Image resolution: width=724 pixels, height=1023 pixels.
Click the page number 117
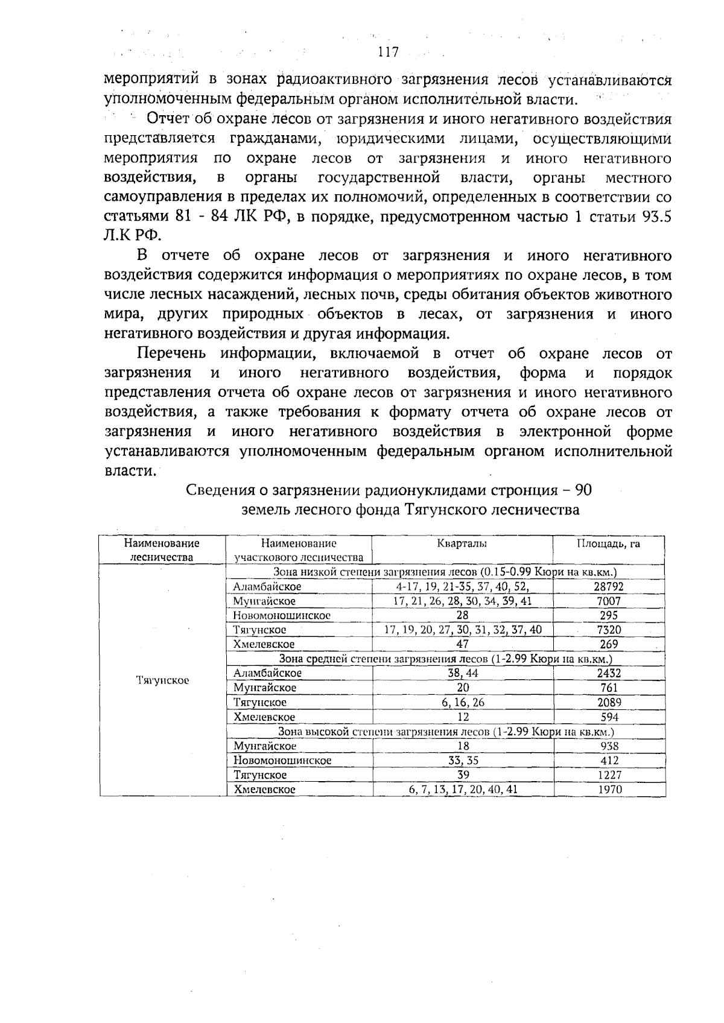coord(388,52)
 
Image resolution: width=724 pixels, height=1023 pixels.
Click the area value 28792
coord(608,586)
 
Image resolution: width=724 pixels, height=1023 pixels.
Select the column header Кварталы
coord(462,543)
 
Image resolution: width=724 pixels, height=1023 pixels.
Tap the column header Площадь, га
coord(608,543)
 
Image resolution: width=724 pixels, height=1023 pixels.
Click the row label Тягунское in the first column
coord(162,680)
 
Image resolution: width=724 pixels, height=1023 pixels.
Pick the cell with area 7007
coord(608,601)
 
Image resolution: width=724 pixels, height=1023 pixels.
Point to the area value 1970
coord(609,789)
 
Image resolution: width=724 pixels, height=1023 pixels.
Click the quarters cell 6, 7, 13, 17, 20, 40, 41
coord(463,789)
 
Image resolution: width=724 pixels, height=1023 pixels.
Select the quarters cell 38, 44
coord(463,673)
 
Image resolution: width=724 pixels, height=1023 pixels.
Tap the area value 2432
coord(609,673)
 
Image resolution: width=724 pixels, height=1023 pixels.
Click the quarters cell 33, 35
coord(463,761)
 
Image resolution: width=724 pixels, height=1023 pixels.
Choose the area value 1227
coord(609,775)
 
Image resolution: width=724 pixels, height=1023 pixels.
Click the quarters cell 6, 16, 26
coord(463,703)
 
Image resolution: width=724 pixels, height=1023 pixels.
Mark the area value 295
coord(608,615)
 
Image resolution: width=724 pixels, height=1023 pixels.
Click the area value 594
coord(609,717)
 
